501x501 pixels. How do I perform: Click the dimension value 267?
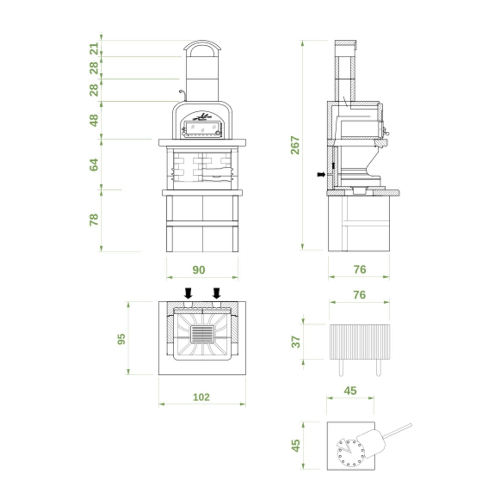coord(295,145)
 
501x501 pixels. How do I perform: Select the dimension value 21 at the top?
coord(95,48)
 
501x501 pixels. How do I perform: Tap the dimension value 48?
coord(94,120)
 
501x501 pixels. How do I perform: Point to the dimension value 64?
coord(94,165)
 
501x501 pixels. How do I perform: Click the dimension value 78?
coord(94,220)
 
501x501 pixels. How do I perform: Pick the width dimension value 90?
coord(199,270)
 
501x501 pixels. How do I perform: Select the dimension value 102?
coord(201,397)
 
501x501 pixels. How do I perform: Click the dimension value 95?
coord(121,339)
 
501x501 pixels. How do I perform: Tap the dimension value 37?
coord(296,342)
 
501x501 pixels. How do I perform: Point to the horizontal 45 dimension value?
coord(350,391)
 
